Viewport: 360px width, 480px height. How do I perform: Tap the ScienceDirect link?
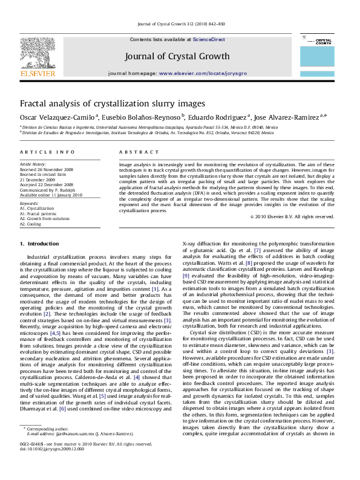(209, 39)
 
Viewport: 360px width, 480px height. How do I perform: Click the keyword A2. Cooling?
(31, 224)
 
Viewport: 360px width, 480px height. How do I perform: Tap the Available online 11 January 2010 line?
(50, 195)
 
